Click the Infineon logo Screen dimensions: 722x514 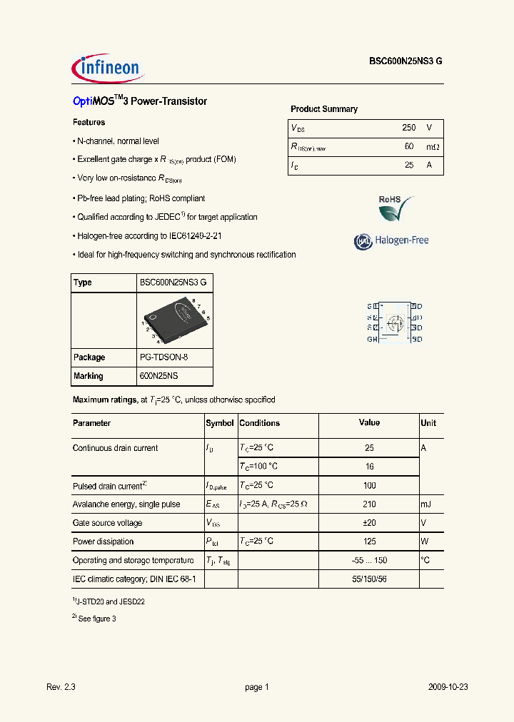tap(109, 68)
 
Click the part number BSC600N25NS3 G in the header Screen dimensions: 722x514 tap(405, 62)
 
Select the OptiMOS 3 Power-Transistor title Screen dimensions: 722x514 tap(140, 101)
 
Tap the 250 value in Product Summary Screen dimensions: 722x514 tap(408, 128)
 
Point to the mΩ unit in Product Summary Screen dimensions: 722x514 tap(433, 146)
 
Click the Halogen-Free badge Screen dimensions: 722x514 tap(391, 241)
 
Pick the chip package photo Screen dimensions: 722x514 tap(173, 320)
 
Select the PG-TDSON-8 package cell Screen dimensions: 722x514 tap(163, 357)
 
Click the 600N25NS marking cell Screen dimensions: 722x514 tap(160, 376)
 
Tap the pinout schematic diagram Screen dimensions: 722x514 tap(394, 322)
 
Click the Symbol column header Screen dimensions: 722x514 tap(220, 423)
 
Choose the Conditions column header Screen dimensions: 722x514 tap(260, 423)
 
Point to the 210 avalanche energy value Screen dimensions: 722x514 tap(369, 504)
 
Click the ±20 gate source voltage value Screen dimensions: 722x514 tap(369, 523)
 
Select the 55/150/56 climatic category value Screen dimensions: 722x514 tap(369, 579)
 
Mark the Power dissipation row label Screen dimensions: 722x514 tap(103, 541)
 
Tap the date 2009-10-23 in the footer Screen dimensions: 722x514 tap(448, 687)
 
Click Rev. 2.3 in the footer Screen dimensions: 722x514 tap(61, 687)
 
